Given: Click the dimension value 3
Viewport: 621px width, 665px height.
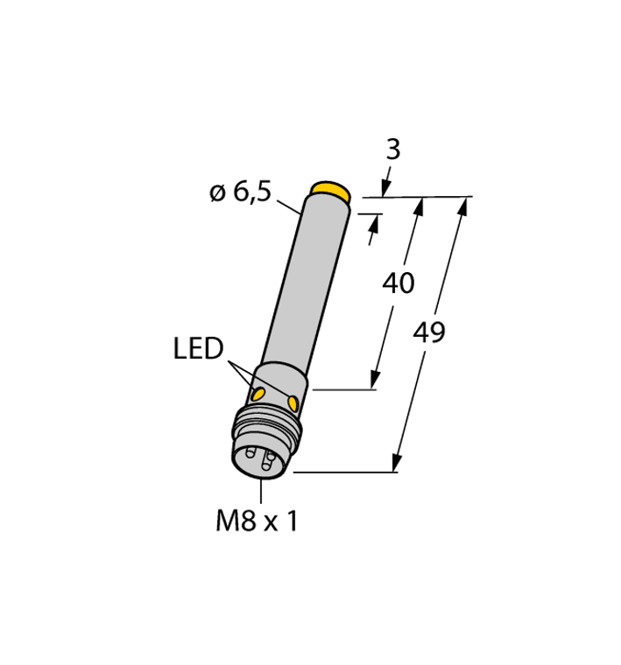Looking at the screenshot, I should tap(393, 150).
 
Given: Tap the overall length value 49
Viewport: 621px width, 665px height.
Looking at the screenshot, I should tap(429, 332).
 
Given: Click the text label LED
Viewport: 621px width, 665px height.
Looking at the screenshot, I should tap(197, 351).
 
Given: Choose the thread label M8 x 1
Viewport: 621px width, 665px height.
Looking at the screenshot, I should tap(257, 522).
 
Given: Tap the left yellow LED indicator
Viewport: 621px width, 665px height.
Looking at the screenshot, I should tap(260, 393).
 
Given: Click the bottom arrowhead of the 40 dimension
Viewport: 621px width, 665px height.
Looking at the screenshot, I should tap(375, 379).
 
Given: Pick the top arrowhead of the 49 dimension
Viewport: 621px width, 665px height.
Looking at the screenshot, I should tap(464, 206).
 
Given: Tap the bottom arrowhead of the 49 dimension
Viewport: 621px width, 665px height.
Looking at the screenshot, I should tap(399, 463).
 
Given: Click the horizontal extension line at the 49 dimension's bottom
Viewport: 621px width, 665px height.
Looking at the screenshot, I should tap(346, 472).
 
